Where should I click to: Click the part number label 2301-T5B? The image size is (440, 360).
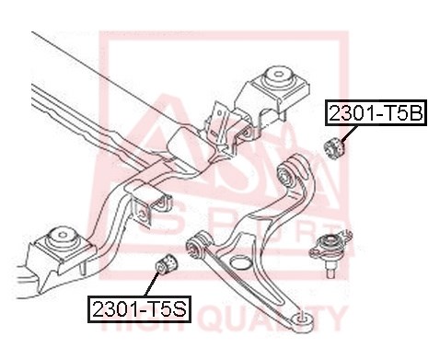click(x=376, y=112)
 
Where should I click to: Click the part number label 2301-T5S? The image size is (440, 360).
click(x=139, y=309)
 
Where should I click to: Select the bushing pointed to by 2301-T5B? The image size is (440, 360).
click(x=335, y=148)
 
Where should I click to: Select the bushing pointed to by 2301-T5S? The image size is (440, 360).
click(x=167, y=264)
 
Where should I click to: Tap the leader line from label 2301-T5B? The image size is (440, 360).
click(x=350, y=134)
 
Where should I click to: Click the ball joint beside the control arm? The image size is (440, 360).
click(x=330, y=251)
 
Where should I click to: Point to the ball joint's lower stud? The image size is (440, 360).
click(x=330, y=271)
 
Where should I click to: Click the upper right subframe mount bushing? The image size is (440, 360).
click(x=278, y=77)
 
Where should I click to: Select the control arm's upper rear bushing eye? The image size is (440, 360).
click(x=286, y=176)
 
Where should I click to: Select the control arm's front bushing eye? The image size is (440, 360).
click(x=195, y=246)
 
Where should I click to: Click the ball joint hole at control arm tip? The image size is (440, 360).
click(x=301, y=317)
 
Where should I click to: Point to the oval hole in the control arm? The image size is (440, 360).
click(x=240, y=263)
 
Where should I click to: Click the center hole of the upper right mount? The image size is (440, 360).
click(x=278, y=74)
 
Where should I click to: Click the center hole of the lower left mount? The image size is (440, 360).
click(x=63, y=235)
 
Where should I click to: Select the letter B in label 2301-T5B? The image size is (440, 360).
click(x=415, y=112)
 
